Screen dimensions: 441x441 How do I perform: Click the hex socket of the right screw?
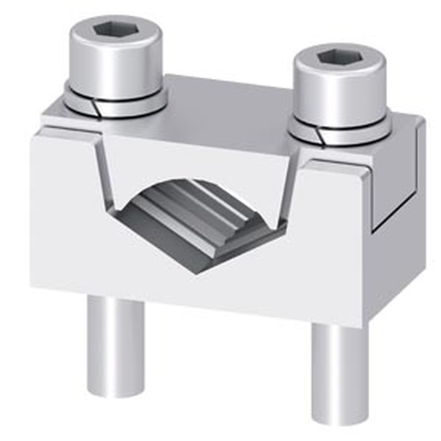(336, 56)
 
